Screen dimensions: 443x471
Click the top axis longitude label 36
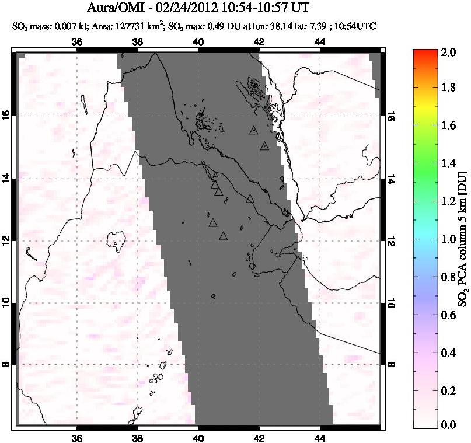pyautogui.click(x=77, y=42)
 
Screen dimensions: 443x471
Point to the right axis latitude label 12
pyautogui.click(x=390, y=240)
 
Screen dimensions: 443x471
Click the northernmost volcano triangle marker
pyautogui.click(x=253, y=130)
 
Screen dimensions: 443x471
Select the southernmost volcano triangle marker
pyautogui.click(x=223, y=236)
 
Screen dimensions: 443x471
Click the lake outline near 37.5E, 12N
pyautogui.click(x=116, y=239)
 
